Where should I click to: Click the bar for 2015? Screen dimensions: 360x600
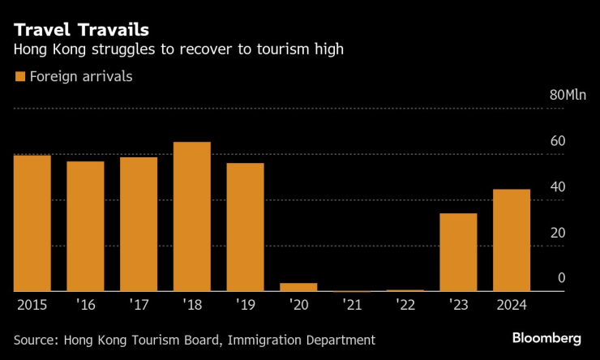pyautogui.click(x=32, y=223)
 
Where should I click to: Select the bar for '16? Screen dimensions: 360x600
pyautogui.click(x=85, y=226)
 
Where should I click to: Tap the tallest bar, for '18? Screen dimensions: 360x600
pyautogui.click(x=192, y=216)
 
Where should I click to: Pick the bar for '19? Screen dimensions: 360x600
pyautogui.click(x=245, y=227)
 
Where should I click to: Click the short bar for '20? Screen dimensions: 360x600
pyautogui.click(x=298, y=287)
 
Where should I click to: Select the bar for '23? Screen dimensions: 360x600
pyautogui.click(x=458, y=252)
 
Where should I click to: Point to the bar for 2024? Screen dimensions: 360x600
pyautogui.click(x=512, y=240)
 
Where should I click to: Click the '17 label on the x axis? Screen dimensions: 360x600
pyautogui.click(x=139, y=306)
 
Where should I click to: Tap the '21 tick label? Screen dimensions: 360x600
pyautogui.click(x=351, y=306)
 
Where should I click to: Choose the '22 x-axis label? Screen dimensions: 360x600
pyautogui.click(x=405, y=306)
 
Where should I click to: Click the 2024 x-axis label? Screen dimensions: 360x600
pyautogui.click(x=512, y=306)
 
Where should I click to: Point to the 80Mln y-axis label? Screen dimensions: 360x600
pyautogui.click(x=568, y=96)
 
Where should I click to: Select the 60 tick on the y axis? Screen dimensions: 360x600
pyautogui.click(x=557, y=142)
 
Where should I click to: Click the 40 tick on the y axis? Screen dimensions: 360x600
pyautogui.click(x=557, y=187)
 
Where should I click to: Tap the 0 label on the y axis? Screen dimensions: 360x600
pyautogui.click(x=561, y=279)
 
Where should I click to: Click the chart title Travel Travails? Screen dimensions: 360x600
pyautogui.click(x=81, y=30)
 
